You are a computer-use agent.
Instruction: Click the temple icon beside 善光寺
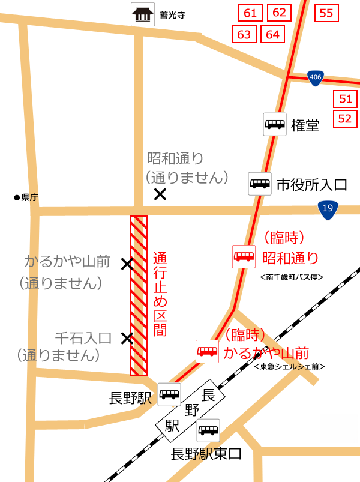point(142,15)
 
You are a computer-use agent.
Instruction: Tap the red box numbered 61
point(250,13)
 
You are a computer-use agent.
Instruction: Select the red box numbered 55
point(326,13)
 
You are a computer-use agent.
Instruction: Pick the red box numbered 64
point(272,34)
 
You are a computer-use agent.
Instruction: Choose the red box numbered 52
point(345,118)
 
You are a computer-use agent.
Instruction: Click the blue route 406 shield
point(316,77)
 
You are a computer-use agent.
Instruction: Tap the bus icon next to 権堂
point(275,124)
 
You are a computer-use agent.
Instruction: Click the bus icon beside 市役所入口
point(260,184)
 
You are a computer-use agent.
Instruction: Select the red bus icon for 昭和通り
point(244,257)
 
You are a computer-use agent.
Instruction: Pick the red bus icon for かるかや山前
point(208,351)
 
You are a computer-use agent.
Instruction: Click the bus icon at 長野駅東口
point(208,430)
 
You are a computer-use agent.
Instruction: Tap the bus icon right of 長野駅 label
point(169,394)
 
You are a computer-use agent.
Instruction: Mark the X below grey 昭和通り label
point(160,194)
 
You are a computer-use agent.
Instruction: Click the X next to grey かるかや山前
point(127,264)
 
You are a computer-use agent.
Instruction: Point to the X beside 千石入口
point(127,339)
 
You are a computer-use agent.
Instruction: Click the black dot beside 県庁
point(17,197)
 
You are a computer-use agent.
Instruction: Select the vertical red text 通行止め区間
point(160,294)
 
